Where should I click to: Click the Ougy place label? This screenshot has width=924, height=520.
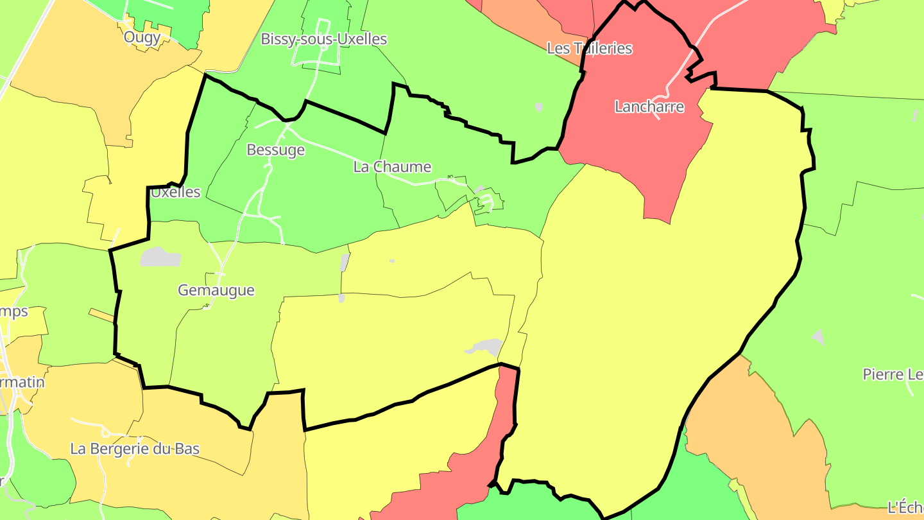point(142,37)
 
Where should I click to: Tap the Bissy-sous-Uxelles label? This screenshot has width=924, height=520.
point(323,39)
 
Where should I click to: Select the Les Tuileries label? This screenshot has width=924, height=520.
point(589,48)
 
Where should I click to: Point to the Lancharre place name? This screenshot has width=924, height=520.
point(649,107)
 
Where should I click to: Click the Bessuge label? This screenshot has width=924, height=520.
point(275,150)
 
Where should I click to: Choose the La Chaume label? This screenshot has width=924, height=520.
point(392,167)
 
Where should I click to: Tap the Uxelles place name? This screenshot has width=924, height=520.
point(175,192)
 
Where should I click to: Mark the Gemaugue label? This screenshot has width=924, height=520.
point(216,290)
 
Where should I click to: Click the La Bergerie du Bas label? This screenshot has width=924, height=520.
point(135,449)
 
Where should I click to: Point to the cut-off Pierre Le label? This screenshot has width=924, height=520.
point(893,374)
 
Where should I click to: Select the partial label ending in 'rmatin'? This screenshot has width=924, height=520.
point(22,383)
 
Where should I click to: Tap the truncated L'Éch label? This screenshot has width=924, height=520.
point(905,507)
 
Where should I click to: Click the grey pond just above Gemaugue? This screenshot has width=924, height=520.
point(160,257)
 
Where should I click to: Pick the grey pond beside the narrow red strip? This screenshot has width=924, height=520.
point(486,347)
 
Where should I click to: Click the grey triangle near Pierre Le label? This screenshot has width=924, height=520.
point(818,336)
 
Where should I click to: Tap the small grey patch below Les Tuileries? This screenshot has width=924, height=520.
point(539,107)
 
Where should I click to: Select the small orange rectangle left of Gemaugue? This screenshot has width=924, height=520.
point(101,315)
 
